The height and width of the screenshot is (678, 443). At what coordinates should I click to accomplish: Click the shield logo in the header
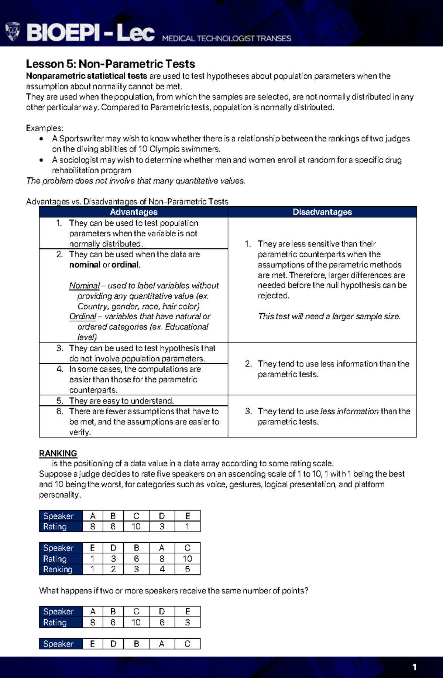13,31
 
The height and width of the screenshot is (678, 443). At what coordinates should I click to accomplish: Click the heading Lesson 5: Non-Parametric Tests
110,64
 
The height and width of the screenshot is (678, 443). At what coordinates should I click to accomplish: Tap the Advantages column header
134,212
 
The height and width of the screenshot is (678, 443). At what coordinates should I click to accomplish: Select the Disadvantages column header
322,212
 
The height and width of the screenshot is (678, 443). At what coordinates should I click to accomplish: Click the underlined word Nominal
85,286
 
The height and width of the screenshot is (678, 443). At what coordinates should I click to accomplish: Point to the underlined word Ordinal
83,317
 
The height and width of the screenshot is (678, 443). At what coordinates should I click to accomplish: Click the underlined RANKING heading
58,453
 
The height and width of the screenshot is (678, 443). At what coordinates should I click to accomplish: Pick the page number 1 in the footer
415,667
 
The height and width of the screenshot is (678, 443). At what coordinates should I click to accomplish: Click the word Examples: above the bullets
45,128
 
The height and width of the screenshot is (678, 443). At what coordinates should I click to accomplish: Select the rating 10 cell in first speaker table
136,527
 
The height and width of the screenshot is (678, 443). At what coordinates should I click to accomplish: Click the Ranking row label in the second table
58,569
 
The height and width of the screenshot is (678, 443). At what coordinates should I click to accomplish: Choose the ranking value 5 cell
187,569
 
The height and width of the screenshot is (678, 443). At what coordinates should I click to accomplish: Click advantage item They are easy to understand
121,401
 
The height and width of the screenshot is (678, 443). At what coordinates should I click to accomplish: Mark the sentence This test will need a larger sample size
329,317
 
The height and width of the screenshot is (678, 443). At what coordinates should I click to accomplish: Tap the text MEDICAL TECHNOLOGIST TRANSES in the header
227,38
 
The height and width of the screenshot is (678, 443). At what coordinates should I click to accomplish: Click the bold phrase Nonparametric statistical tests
87,76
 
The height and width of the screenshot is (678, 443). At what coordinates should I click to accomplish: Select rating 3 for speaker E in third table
187,623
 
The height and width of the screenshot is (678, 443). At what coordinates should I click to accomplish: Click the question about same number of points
174,591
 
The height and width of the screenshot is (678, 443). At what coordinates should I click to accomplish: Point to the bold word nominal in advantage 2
85,265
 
